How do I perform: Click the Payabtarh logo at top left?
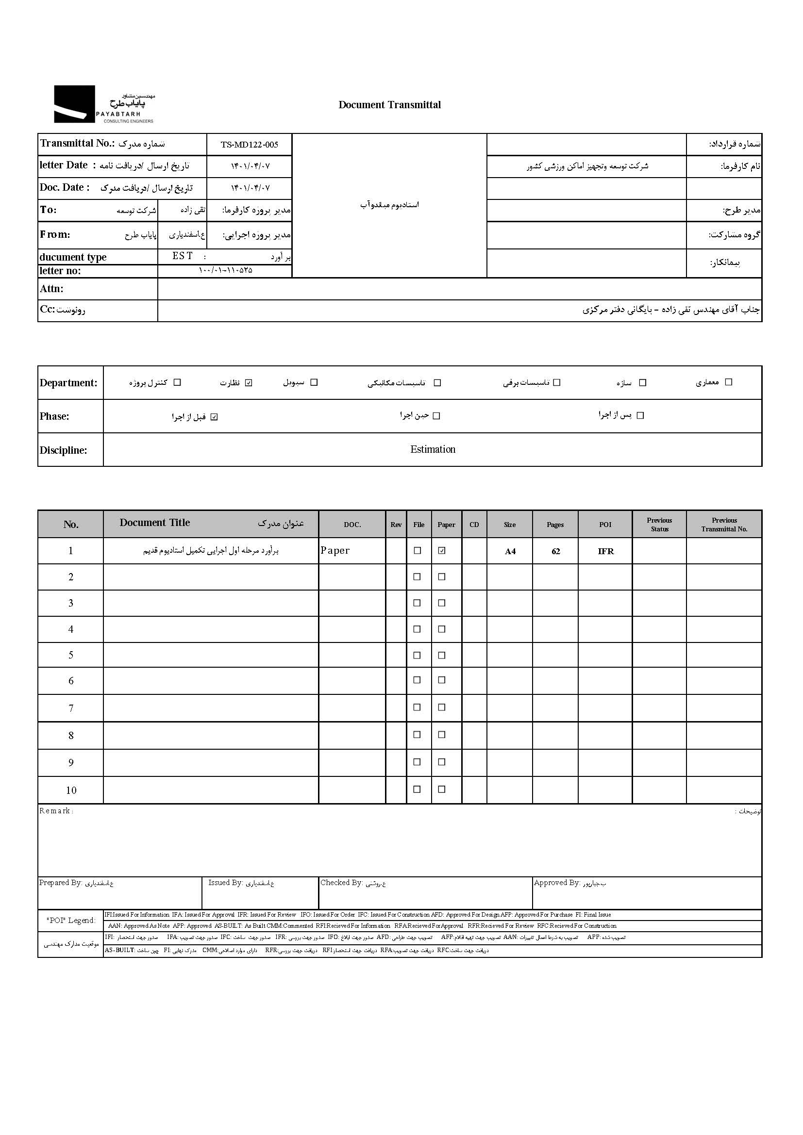coord(104,104)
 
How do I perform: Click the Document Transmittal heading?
coord(389,105)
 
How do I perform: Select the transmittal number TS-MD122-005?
coord(249,144)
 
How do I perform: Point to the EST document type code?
coord(183,256)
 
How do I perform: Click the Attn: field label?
coord(51,289)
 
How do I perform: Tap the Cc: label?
coord(48,310)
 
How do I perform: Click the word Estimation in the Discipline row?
coord(433,449)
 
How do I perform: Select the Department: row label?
coord(69,383)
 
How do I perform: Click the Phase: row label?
coord(54,416)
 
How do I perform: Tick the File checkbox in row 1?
coord(418,551)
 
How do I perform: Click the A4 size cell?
coord(510,551)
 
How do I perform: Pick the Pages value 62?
coord(555,551)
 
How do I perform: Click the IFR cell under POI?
coord(605,551)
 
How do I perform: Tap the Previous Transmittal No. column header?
coord(724,525)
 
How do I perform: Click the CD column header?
coord(474,525)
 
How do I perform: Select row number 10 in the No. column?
coord(71,790)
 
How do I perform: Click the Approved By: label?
coord(557,882)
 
